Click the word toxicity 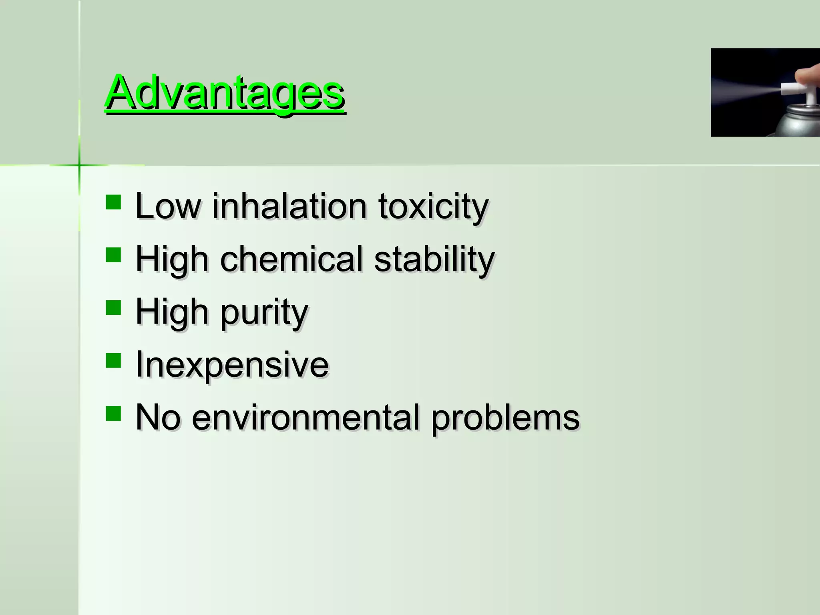(x=433, y=207)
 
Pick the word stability (x=434, y=260)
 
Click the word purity (x=264, y=313)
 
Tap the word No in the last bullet (x=158, y=417)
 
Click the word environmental (x=306, y=417)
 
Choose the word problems (x=505, y=418)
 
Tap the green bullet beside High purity (x=114, y=308)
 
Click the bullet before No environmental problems (x=114, y=413)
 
